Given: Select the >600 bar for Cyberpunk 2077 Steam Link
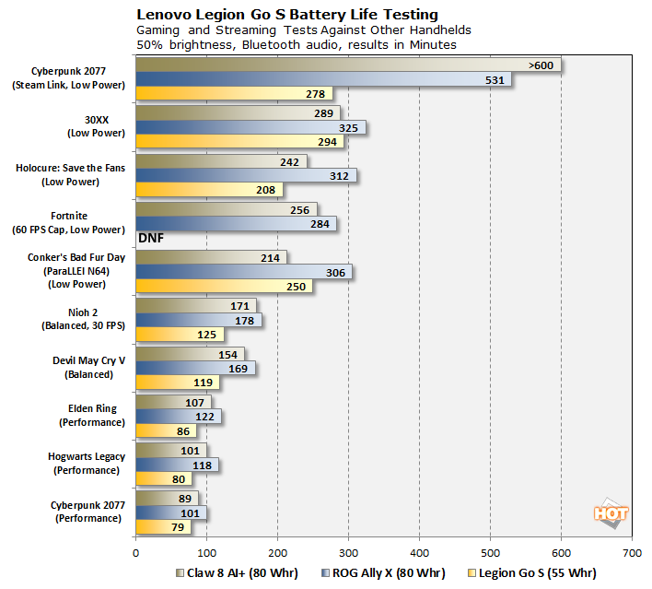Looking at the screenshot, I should pyautogui.click(x=348, y=65).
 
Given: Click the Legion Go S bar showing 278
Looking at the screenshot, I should pyautogui.click(x=234, y=94).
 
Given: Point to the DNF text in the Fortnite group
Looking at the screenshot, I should pyautogui.click(x=151, y=238).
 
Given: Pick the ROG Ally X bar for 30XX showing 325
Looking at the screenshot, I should pyautogui.click(x=250, y=127).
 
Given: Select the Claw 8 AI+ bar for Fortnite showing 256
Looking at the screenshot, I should pyautogui.click(x=227, y=209).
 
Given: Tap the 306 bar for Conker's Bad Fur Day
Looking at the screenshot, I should pyautogui.click(x=244, y=272).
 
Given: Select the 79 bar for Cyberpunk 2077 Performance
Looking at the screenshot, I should pyautogui.click(x=164, y=527).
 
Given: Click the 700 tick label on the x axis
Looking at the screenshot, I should pyautogui.click(x=632, y=553).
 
